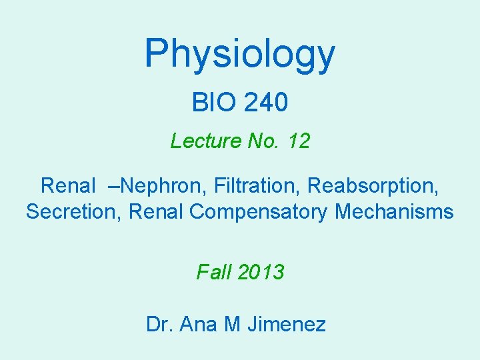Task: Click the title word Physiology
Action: [x=240, y=55]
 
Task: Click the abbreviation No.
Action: [x=263, y=141]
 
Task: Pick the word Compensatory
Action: [x=259, y=212]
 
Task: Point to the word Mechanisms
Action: [x=394, y=212]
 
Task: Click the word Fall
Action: [x=211, y=272]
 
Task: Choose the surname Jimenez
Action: [x=287, y=325]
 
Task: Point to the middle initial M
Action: [x=233, y=325]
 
